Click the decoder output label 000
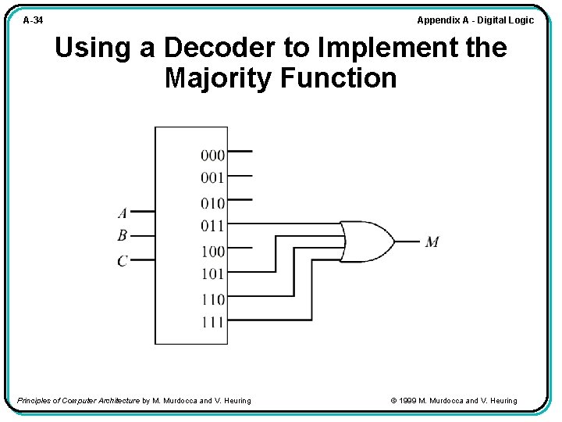tap(212, 155)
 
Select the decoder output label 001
tap(212, 177)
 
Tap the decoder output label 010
tap(212, 203)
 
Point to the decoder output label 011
tap(212, 226)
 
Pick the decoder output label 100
tap(212, 252)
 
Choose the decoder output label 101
tap(212, 274)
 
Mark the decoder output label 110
tap(212, 299)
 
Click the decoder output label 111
tap(212, 321)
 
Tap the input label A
tap(123, 213)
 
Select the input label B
tap(123, 235)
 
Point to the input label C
tap(123, 260)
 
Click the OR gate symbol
tap(367, 241)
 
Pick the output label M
tap(432, 242)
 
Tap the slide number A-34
tap(33, 20)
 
